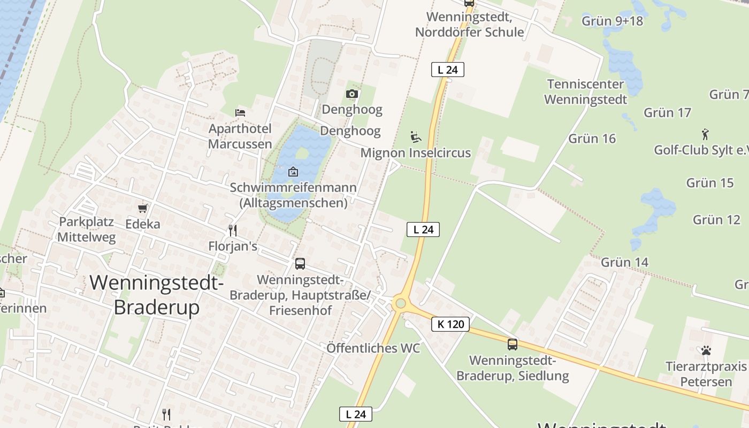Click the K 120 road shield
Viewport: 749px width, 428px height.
point(450,324)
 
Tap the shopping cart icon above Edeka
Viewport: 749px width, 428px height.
point(142,208)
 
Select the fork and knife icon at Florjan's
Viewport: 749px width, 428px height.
point(233,231)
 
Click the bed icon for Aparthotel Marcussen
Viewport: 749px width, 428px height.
point(240,112)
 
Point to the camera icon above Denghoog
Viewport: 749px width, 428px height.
point(351,94)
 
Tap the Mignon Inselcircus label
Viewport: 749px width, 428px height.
point(416,153)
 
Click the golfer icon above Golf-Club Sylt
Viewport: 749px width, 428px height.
point(705,134)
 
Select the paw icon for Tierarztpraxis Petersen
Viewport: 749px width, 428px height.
point(706,351)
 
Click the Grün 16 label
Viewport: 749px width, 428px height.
point(592,139)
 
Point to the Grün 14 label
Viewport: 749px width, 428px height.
point(624,262)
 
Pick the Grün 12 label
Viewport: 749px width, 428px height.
point(716,219)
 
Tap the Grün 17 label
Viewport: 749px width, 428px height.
point(667,112)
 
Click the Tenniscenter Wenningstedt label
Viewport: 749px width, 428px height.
point(585,91)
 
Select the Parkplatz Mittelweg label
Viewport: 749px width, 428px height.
point(87,230)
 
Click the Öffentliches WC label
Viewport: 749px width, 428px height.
point(373,348)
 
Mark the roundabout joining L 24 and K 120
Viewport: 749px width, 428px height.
point(399,304)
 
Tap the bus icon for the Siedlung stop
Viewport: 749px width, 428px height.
point(513,345)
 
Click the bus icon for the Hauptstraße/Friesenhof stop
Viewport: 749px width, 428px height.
point(300,263)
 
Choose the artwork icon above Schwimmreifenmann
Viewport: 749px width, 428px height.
point(293,172)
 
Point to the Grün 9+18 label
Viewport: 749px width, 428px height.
point(612,21)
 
